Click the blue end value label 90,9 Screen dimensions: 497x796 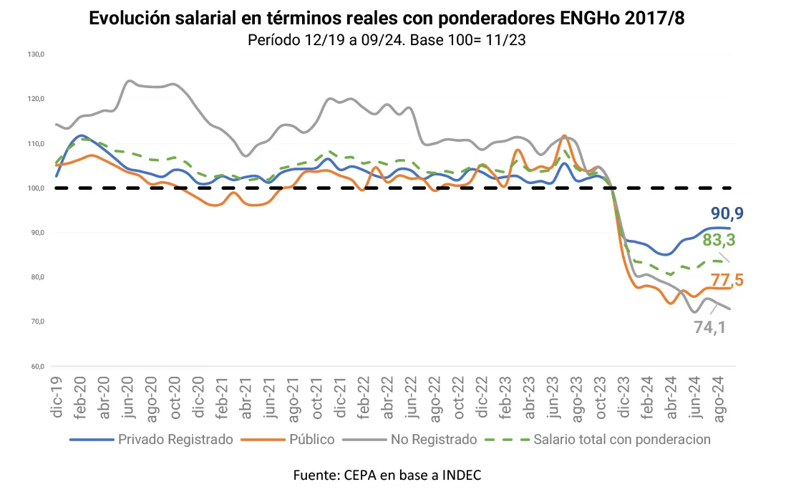click(727, 213)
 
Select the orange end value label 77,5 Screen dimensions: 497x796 click(727, 280)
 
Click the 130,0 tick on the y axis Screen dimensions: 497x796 click(36, 54)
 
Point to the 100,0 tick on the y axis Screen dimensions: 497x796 click(36, 188)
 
